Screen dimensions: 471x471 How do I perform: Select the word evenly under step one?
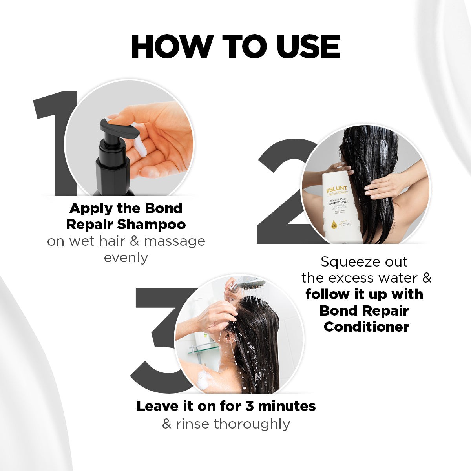[x=126, y=257]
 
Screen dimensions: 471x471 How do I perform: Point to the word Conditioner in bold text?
[x=366, y=327]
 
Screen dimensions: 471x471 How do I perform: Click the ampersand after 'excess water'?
[x=426, y=278]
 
